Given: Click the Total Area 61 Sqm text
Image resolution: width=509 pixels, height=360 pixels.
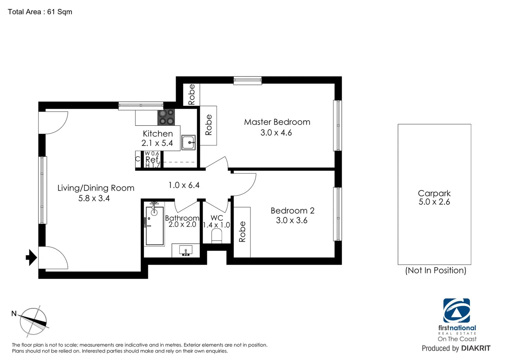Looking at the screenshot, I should click(x=40, y=12).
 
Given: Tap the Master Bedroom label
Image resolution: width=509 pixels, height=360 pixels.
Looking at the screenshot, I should click(x=277, y=122).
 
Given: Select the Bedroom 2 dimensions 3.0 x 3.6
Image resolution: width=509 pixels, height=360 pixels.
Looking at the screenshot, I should click(x=292, y=220).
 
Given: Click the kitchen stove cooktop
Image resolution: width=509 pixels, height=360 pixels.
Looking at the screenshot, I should click(x=166, y=117).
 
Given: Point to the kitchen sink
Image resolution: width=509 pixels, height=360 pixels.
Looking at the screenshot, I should click(x=189, y=143).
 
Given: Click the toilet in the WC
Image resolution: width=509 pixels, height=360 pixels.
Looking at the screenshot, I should click(x=217, y=237).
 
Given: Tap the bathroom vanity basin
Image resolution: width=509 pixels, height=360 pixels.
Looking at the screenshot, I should click(x=186, y=250).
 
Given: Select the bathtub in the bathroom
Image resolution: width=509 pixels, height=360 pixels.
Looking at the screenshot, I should click(x=155, y=226).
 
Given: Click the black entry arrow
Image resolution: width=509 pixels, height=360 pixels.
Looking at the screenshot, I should click(x=31, y=257).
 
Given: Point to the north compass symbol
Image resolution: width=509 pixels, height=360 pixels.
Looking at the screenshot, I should click(x=33, y=321).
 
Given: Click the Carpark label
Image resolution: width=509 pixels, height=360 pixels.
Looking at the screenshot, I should click(x=434, y=193).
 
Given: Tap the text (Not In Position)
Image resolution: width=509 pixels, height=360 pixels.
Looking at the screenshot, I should click(x=435, y=270).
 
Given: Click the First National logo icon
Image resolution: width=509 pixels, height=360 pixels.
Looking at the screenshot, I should click(x=456, y=311).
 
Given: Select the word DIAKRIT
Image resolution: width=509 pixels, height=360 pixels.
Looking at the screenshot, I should click(x=476, y=348).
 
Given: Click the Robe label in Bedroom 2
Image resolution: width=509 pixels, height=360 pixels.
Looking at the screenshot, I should click(x=242, y=232).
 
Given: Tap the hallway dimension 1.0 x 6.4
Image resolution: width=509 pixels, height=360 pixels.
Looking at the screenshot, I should click(x=184, y=185).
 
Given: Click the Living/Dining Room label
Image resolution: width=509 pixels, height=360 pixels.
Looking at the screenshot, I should click(x=96, y=188).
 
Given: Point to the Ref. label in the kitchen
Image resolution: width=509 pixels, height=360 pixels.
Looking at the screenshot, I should click(x=153, y=160).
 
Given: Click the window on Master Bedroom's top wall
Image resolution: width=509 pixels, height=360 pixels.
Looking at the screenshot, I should click(x=247, y=80).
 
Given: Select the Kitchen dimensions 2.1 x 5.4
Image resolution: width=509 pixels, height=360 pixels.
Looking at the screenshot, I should click(x=157, y=143).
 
